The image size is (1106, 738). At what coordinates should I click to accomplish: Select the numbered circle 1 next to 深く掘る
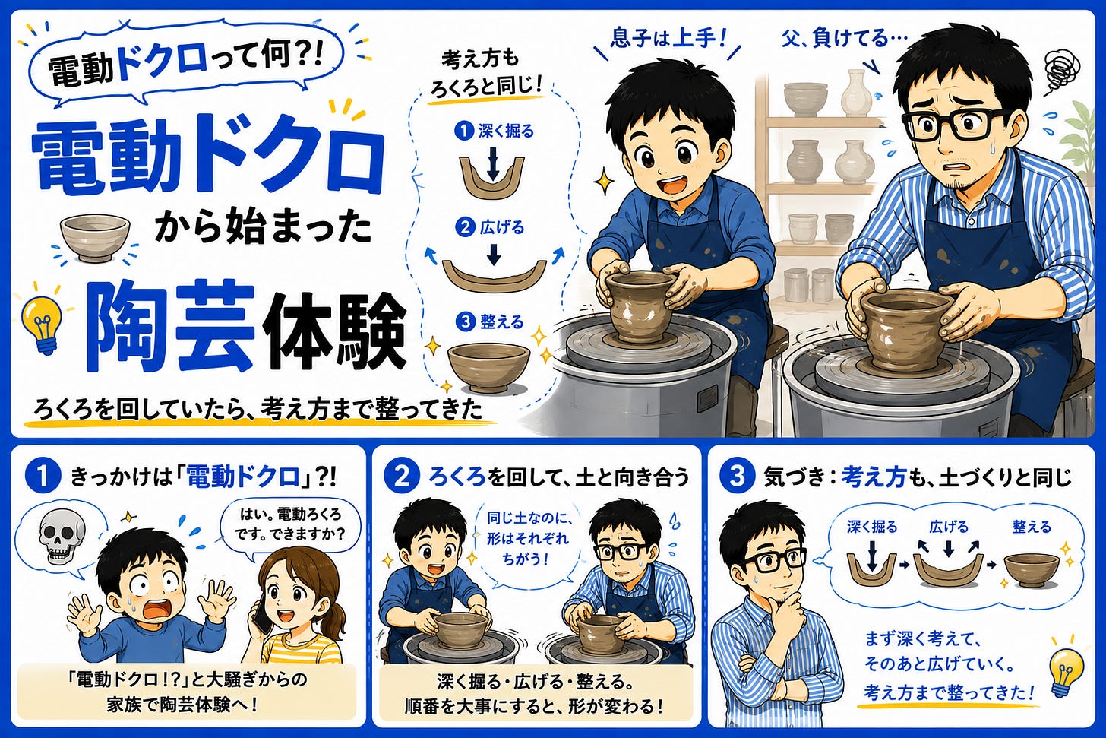[464, 131]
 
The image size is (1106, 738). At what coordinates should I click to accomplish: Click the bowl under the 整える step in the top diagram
[489, 367]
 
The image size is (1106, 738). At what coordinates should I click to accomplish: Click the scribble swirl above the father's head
[1062, 73]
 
